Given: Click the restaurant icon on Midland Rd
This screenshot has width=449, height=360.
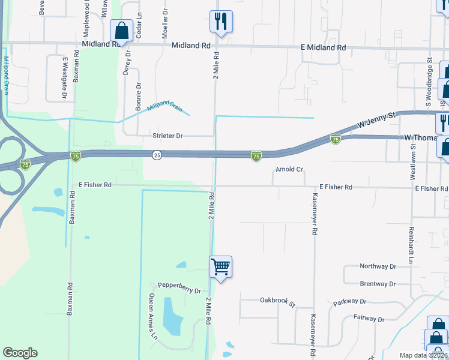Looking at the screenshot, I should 221,22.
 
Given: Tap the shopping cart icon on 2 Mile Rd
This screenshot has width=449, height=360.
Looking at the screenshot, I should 221,267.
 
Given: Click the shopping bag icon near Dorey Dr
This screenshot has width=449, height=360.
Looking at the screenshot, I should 122,31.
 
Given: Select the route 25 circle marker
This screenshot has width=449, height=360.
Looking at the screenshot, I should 156,155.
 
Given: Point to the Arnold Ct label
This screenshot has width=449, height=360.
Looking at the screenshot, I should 289,169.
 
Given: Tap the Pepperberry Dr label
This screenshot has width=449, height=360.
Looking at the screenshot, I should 179,288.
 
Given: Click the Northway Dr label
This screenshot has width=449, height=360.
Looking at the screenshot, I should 378,266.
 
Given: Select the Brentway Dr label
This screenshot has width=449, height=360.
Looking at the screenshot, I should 378,284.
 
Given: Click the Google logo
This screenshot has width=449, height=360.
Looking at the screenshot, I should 20,353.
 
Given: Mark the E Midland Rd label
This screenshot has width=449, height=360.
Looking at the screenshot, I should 325,47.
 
